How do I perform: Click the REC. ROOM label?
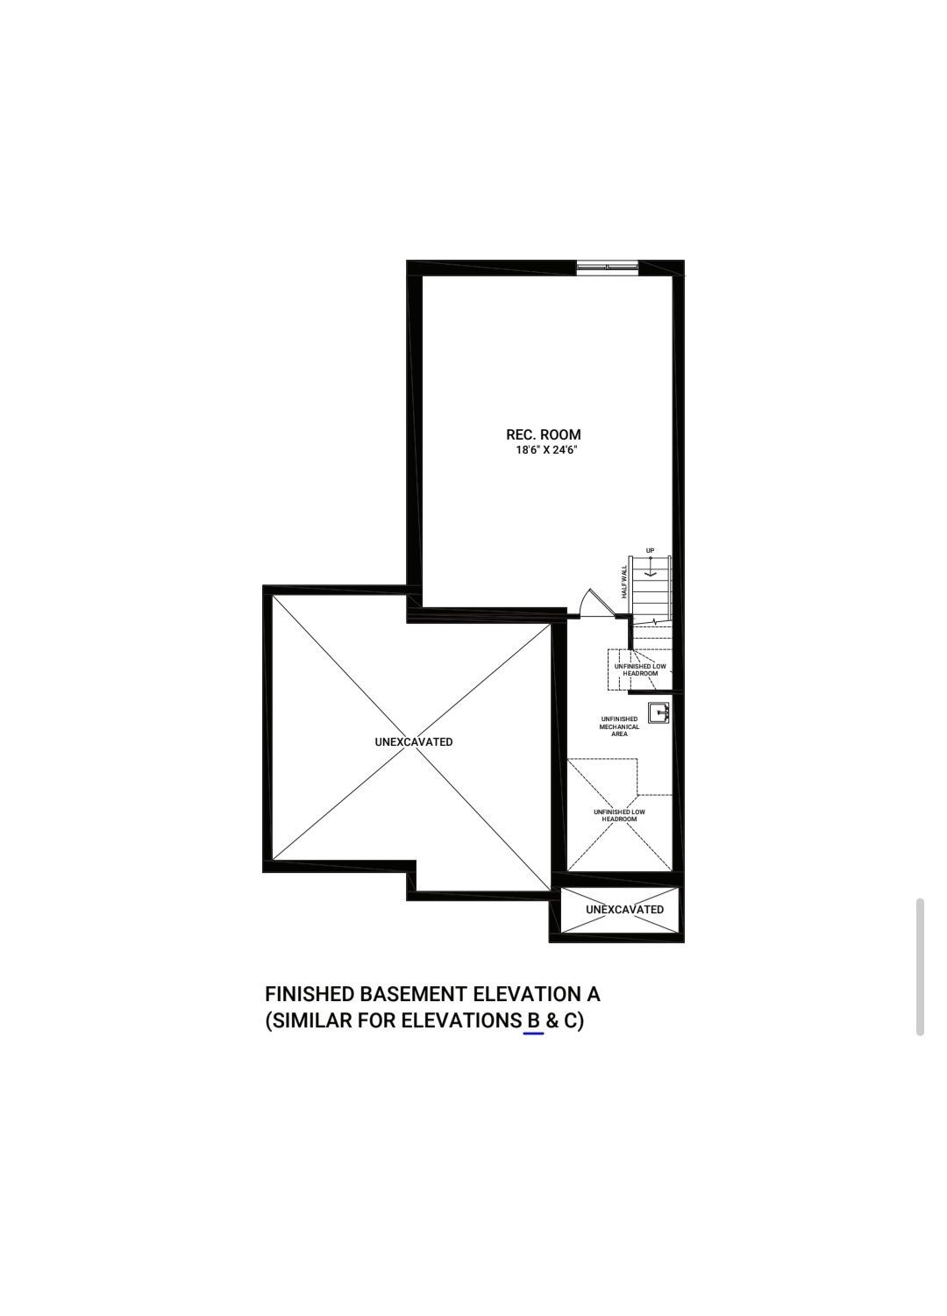click(x=543, y=435)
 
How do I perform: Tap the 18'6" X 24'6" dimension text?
click(x=543, y=451)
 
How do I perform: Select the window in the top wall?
click(x=607, y=267)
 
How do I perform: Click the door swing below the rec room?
click(x=587, y=601)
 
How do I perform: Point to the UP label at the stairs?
click(x=650, y=550)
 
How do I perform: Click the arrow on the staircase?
click(x=650, y=566)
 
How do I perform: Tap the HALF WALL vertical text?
click(x=624, y=582)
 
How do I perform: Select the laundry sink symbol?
click(x=659, y=712)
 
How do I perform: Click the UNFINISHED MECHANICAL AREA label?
click(x=619, y=726)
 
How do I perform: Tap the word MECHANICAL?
click(x=619, y=726)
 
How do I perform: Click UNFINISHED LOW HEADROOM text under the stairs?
click(x=640, y=669)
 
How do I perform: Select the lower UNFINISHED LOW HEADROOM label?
click(x=619, y=815)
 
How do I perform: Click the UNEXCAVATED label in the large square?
click(x=414, y=742)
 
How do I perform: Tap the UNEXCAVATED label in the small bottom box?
click(x=624, y=910)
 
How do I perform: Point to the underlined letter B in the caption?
click(x=533, y=1022)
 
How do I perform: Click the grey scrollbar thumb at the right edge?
click(x=920, y=967)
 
